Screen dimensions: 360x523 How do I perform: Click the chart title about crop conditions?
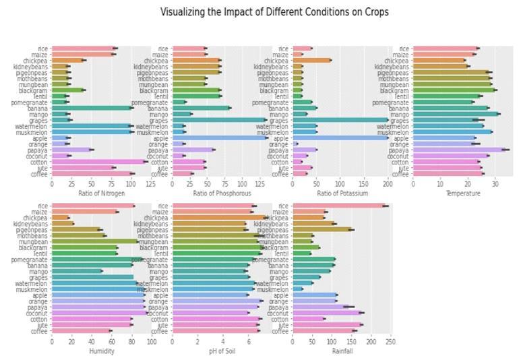point(274,12)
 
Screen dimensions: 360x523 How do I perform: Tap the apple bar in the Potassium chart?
point(340,138)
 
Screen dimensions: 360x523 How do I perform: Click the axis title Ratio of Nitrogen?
point(101,193)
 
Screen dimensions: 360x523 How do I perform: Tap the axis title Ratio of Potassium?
point(342,193)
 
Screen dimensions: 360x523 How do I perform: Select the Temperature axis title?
point(463,193)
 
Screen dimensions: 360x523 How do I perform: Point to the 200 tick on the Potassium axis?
point(388,183)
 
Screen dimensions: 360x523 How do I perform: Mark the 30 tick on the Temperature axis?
point(495,183)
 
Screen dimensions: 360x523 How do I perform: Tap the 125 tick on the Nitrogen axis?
point(150,183)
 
